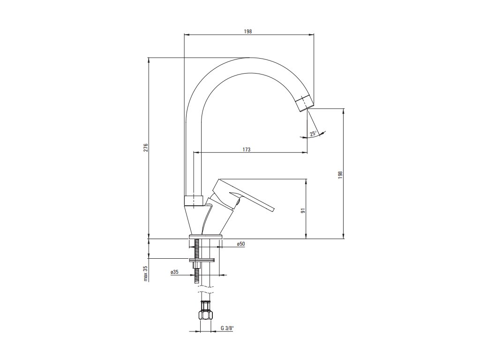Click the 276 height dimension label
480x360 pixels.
tap(146, 148)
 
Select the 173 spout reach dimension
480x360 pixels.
tap(247, 150)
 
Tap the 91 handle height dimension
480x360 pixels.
tap(303, 210)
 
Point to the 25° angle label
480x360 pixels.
tap(313, 134)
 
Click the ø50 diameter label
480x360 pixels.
tap(240, 244)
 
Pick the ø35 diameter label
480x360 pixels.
tap(174, 272)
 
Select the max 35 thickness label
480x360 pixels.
tap(146, 273)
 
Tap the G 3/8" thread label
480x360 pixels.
tap(227, 329)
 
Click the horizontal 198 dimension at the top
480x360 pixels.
tap(248, 31)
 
